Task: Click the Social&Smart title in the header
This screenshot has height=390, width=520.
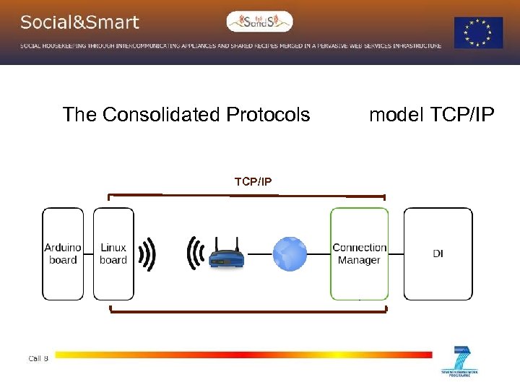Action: (79, 22)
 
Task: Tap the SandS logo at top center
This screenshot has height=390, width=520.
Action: (259, 22)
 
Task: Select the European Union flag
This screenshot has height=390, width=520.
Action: (478, 32)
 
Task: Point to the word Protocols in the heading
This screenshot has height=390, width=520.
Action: (268, 115)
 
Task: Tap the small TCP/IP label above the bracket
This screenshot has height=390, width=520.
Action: (253, 181)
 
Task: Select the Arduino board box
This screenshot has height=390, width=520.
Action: (63, 253)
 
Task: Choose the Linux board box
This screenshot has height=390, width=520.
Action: (113, 253)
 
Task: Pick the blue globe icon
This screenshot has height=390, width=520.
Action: (290, 254)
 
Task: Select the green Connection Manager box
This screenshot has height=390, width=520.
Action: (359, 253)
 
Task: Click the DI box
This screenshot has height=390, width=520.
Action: (438, 253)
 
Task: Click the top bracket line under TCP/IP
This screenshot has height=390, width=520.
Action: (246, 195)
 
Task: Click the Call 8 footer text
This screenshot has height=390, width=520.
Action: (38, 358)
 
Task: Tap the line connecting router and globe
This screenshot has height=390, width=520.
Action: (259, 255)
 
